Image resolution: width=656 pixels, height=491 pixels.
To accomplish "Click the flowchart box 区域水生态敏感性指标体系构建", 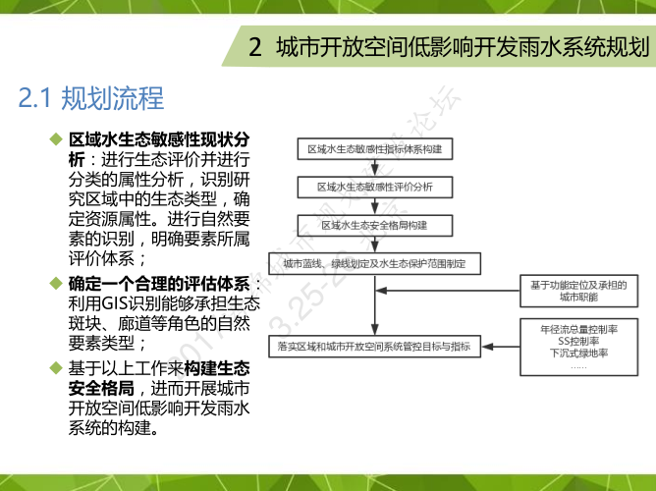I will [373, 149].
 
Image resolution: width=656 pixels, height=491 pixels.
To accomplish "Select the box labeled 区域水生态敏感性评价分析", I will [373, 187].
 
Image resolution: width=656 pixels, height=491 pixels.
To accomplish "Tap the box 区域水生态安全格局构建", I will [373, 225].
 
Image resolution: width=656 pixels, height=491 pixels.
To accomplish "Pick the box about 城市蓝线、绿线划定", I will [374, 264].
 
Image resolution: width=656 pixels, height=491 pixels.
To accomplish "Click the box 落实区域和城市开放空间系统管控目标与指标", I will [374, 346].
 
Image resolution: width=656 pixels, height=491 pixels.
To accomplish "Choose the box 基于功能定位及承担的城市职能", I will [577, 290].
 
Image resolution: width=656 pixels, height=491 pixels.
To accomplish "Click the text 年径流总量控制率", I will [578, 328].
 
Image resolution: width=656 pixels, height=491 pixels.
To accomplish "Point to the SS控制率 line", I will [578, 341].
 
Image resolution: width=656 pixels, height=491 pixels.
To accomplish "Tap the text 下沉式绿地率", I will [578, 354].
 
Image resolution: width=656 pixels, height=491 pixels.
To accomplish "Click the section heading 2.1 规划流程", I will [90, 98].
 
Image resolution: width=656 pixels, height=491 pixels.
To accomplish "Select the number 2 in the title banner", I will [255, 46].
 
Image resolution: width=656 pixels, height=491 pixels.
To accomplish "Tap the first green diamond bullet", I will [56, 139].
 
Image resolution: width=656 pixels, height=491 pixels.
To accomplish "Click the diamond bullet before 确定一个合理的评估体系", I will [56, 284].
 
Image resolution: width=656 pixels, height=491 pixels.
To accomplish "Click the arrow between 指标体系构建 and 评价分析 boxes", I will [373, 168].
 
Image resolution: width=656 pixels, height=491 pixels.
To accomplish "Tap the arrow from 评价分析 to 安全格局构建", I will [373, 206].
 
